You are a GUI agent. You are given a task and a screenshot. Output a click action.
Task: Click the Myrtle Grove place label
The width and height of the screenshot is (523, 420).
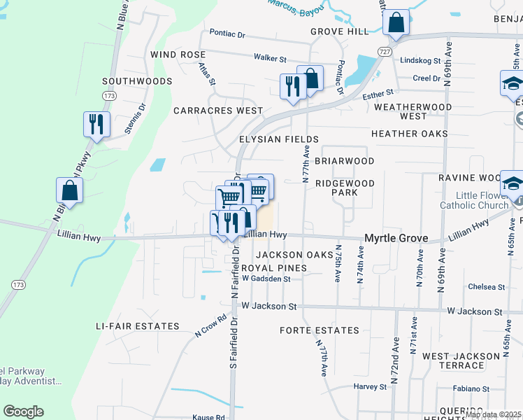click(395, 239)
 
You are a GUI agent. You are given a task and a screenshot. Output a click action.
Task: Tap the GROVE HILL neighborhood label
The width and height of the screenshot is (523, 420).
click(339, 32)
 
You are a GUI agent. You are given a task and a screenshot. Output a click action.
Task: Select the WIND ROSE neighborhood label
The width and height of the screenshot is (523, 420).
click(178, 55)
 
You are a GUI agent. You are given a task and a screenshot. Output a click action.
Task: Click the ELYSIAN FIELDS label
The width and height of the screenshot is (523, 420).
click(279, 139)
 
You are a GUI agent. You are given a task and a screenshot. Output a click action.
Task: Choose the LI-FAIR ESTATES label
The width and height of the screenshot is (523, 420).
click(138, 327)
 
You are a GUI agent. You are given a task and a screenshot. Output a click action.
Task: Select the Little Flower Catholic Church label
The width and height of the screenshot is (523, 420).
click(474, 200)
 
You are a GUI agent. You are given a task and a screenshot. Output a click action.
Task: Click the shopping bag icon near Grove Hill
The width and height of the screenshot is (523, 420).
click(396, 22)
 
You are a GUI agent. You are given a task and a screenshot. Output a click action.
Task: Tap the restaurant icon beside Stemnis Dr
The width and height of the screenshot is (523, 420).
click(96, 124)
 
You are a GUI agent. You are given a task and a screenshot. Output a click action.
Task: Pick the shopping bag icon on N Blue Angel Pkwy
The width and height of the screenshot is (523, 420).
click(70, 189)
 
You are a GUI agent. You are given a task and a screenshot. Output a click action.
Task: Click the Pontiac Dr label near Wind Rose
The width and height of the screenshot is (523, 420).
click(227, 34)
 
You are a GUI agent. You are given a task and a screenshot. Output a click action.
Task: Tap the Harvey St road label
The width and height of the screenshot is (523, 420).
click(370, 386)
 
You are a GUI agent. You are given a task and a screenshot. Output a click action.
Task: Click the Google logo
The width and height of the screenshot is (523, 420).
click(23, 412)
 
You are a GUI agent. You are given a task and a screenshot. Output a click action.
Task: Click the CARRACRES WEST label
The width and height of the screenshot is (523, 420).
click(218, 111)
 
